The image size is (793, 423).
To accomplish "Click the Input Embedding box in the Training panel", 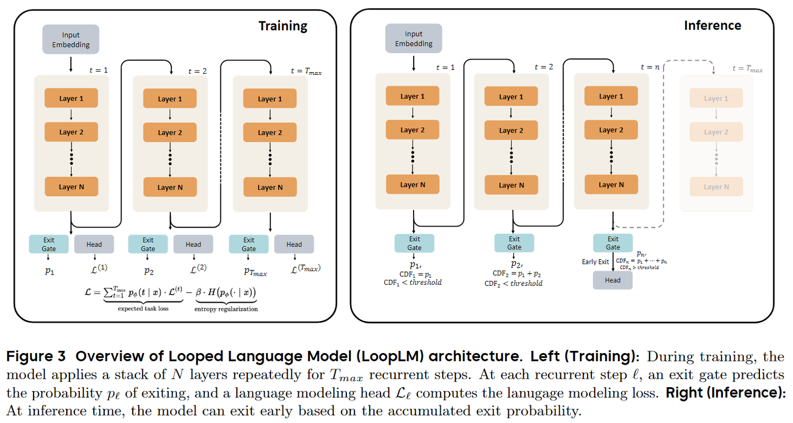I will pyautogui.click(x=71, y=40).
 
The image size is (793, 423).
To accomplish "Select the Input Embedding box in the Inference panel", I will pyautogui.click(x=414, y=39).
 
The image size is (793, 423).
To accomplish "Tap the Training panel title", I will pyautogui.click(x=283, y=26).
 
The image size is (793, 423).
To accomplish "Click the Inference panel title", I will pyautogui.click(x=712, y=25).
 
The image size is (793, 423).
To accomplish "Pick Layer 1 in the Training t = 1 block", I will pyautogui.click(x=71, y=99).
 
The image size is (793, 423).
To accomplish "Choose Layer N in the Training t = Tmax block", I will pyautogui.click(x=270, y=187).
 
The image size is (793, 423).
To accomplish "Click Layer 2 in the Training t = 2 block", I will pyautogui.click(x=170, y=133).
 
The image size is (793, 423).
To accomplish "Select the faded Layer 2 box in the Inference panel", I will pyautogui.click(x=715, y=132).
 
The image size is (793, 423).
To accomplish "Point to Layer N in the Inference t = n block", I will pyautogui.click(x=611, y=185).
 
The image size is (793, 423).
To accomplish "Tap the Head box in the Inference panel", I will pyautogui.click(x=612, y=280).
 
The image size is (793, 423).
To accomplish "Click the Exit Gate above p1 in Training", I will pyautogui.click(x=49, y=244).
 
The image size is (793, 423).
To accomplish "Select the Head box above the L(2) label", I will pyautogui.click(x=193, y=244).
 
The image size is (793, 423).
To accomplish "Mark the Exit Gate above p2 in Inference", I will pyautogui.click(x=514, y=243).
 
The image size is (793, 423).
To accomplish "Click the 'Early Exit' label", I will pyautogui.click(x=595, y=262).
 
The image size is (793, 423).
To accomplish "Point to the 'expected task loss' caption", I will pyautogui.click(x=144, y=309).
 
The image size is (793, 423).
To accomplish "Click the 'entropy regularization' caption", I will pyautogui.click(x=225, y=309).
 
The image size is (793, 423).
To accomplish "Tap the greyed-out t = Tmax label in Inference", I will pyautogui.click(x=747, y=69).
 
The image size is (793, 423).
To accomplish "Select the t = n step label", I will pyautogui.click(x=650, y=67).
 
